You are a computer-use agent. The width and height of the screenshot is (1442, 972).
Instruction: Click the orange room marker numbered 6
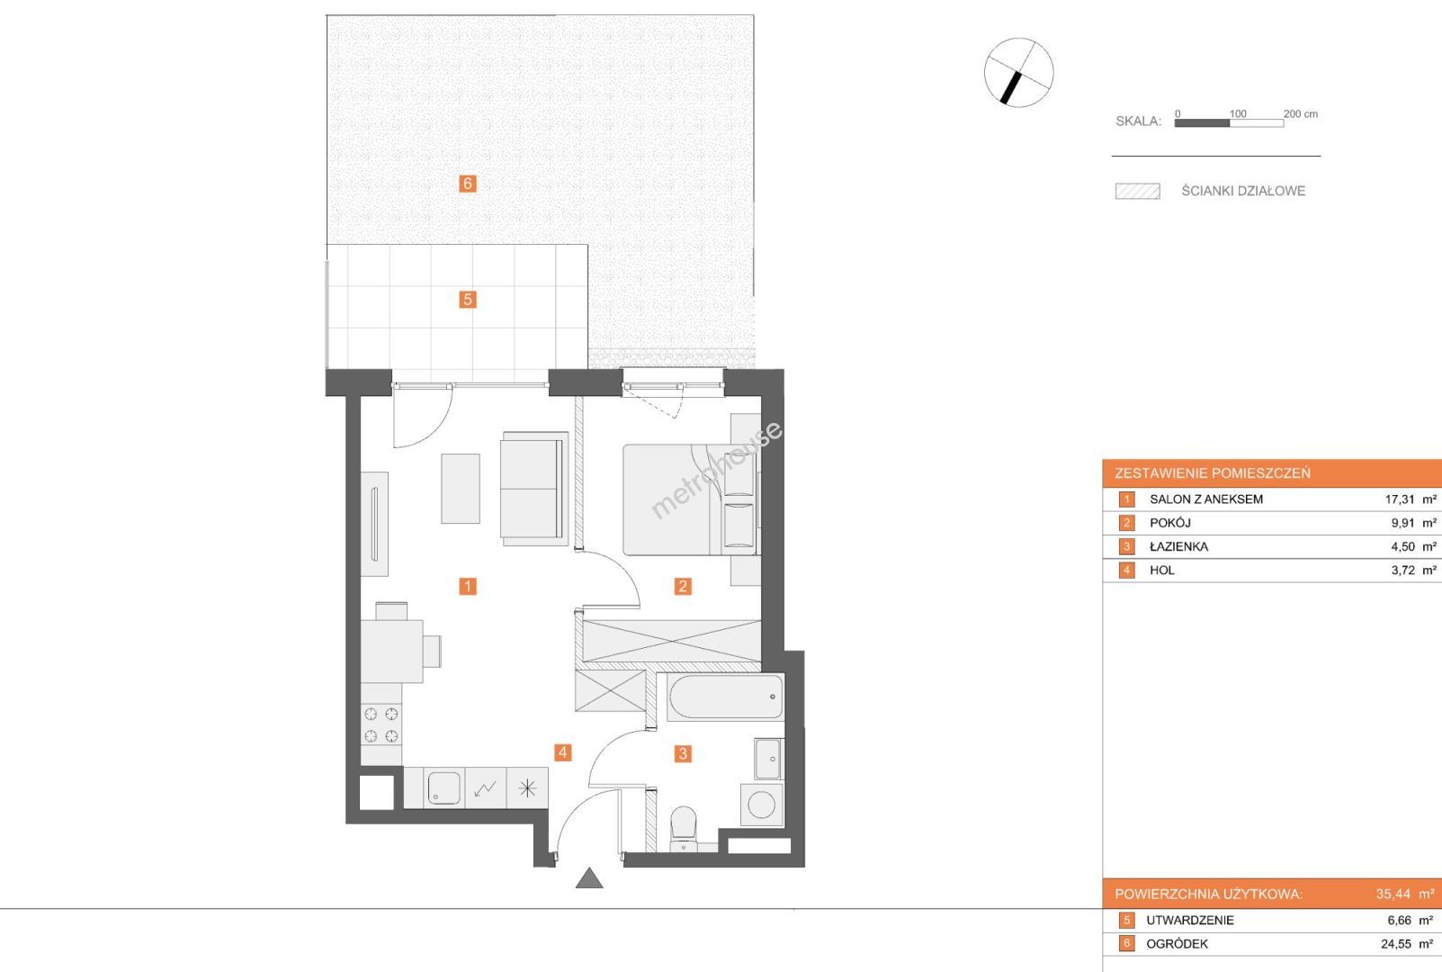468,184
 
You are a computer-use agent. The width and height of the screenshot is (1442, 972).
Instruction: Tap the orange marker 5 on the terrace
468,300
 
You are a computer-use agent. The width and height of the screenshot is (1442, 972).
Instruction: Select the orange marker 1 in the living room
468,586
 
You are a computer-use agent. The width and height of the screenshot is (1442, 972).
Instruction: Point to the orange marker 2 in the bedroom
683,586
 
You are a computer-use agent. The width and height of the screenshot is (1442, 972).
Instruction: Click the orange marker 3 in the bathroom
683,753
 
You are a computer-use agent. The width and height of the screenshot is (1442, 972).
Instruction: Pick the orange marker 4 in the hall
562,752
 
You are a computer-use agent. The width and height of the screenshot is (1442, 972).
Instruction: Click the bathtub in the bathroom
726,697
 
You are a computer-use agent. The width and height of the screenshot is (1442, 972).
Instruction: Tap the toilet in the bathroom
683,829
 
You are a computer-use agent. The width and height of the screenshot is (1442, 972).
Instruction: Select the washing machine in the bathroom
762,805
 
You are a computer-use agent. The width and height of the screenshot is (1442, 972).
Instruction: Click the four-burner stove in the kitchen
381,724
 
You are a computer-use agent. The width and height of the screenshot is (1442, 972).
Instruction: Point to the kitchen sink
444,787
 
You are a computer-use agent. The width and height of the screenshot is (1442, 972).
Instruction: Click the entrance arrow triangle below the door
589,878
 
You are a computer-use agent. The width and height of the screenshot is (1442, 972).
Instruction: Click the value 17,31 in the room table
1400,499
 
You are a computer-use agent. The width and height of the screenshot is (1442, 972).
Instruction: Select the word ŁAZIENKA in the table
1178,547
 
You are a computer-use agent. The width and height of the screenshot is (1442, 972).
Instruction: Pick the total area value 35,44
1393,894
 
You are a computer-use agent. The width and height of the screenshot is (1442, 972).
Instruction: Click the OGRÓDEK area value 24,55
1395,944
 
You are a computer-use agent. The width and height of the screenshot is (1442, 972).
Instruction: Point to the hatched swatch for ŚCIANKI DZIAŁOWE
1138,192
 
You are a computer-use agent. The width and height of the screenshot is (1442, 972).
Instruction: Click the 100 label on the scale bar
1237,114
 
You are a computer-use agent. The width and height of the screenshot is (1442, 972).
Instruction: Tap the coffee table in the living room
461,489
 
